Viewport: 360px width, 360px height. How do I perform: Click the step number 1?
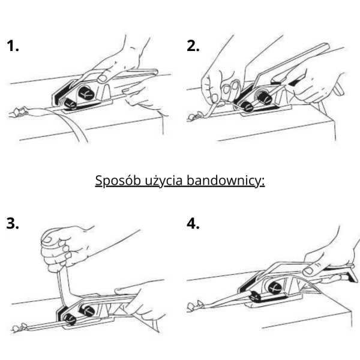coord(13,46)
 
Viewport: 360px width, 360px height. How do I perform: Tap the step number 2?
coord(193,46)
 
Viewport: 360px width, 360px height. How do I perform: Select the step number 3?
coord(13,223)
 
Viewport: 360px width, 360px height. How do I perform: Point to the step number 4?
coord(193,223)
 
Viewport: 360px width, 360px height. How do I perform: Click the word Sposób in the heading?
coord(118,181)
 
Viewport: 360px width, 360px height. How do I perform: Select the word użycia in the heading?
coord(164,181)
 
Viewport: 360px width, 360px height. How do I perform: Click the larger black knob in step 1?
coord(86,93)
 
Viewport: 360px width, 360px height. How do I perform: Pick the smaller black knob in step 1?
coord(70,104)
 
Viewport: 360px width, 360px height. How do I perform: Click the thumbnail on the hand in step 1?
coord(102,79)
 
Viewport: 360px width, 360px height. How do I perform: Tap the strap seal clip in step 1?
coord(20,112)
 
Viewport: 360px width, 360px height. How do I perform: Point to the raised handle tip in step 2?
coord(326,47)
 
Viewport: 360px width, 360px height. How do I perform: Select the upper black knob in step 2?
coord(264,97)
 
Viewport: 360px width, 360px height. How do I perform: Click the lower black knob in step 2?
coord(247,107)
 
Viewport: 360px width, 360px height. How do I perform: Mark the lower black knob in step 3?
coord(70,319)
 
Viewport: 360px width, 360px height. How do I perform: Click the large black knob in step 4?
coord(275,287)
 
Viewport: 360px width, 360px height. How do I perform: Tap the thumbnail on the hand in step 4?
coord(308,271)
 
